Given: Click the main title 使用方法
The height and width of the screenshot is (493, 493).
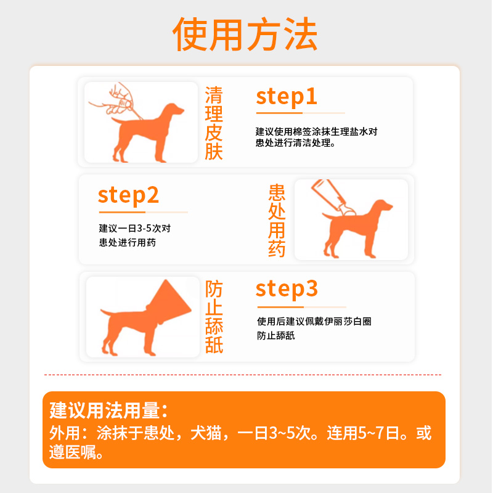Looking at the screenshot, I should tap(245, 34).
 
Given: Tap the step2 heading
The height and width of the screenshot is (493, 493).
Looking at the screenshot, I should tap(129, 195).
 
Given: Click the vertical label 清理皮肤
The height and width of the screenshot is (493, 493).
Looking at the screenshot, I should tap(214, 123).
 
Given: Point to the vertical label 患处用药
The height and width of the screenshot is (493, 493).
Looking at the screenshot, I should tap(277, 221).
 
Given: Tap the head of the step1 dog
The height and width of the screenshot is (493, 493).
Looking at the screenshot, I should tap(175, 110).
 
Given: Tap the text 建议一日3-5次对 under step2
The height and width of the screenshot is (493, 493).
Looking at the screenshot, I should tap(134, 228).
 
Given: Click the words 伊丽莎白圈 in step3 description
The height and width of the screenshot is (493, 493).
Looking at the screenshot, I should tap(346, 322).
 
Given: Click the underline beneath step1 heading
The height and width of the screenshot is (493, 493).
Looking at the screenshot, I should tap(300, 113).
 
